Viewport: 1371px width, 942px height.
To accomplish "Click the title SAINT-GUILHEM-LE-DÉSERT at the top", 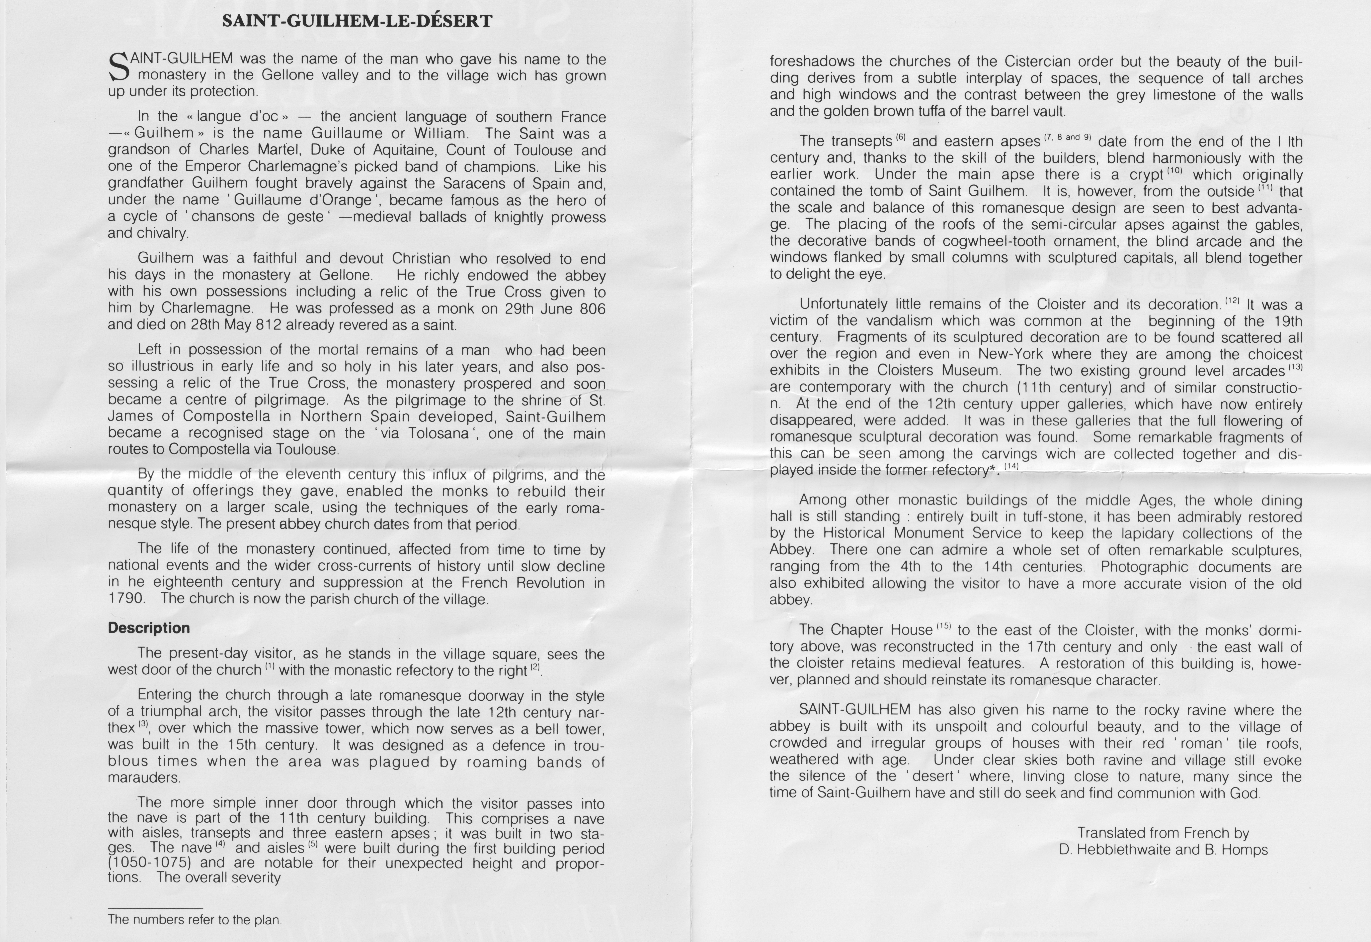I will coord(357,21).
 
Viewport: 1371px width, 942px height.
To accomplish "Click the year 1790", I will coord(126,598).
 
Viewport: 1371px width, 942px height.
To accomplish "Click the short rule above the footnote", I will coord(155,908).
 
